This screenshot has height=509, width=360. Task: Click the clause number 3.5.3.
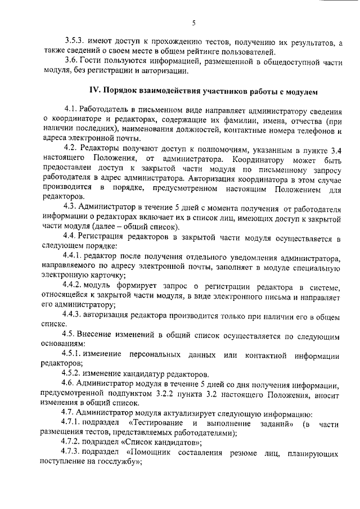(73, 42)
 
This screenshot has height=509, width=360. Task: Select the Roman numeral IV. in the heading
(98, 90)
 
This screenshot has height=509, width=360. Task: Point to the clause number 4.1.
(70, 109)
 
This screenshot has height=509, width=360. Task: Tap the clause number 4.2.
(70, 148)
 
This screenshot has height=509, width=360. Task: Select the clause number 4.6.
(70, 385)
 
